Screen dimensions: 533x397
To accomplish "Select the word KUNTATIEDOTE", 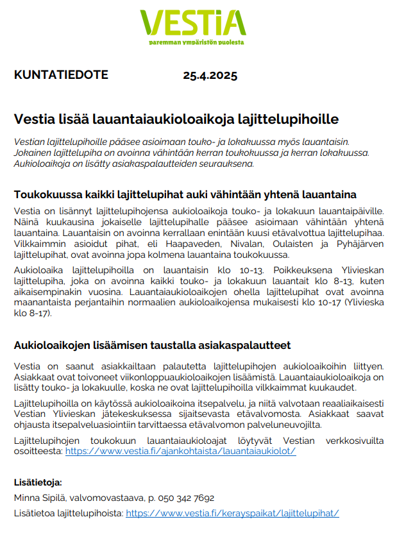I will pyautogui.click(x=61, y=75).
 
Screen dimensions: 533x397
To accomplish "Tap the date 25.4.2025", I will pyautogui.click(x=210, y=76).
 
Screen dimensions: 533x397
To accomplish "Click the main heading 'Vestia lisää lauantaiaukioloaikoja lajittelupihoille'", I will pyautogui.click(x=176, y=120).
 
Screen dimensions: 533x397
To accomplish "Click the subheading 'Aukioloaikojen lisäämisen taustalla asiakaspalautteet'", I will pyautogui.click(x=152, y=345).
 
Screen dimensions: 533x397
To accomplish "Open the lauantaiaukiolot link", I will pyautogui.click(x=180, y=451).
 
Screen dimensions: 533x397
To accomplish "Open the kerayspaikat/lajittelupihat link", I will pyautogui.click(x=232, y=513).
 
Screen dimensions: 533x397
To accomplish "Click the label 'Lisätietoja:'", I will pyautogui.click(x=38, y=482).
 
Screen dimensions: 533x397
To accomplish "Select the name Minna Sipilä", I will pyautogui.click(x=41, y=498).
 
